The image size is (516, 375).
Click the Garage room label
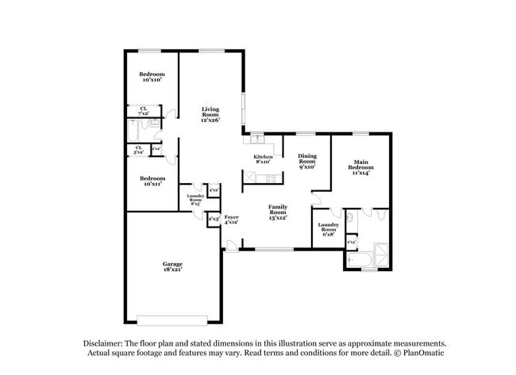173,266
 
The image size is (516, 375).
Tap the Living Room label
210,114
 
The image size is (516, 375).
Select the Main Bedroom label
360,167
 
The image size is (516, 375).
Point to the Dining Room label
307,162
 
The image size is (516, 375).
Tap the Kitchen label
264,159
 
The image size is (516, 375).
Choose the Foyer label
232,219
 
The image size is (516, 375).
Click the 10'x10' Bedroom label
152,77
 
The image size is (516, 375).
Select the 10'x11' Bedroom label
152,181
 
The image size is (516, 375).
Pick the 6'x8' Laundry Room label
329,228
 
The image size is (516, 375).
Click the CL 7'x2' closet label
144,112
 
